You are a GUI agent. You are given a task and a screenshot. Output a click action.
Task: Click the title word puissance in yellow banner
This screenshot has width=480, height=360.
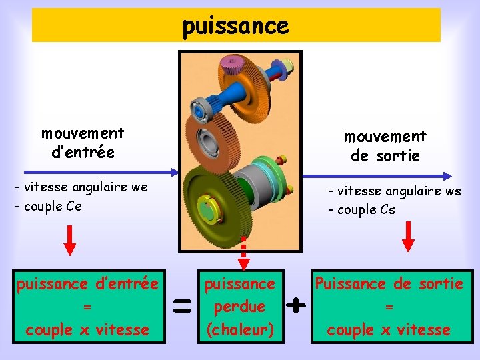(235, 26)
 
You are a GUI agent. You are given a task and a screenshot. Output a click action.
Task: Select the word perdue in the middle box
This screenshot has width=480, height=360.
(239, 307)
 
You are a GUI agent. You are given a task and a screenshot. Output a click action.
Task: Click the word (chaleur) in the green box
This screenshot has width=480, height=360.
(239, 329)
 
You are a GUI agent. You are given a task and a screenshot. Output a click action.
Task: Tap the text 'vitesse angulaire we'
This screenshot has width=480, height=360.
(85, 187)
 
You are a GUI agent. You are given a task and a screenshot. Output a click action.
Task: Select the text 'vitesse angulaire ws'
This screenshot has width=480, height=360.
(398, 191)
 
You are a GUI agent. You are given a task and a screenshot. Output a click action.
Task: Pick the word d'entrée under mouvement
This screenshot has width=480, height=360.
(83, 152)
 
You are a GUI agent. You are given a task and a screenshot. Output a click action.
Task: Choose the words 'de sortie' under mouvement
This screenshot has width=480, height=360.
(385, 155)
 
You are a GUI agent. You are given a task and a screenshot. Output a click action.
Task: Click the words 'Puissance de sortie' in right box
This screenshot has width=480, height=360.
(389, 284)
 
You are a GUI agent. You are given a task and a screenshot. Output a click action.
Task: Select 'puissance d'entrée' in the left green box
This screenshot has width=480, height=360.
(87, 285)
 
